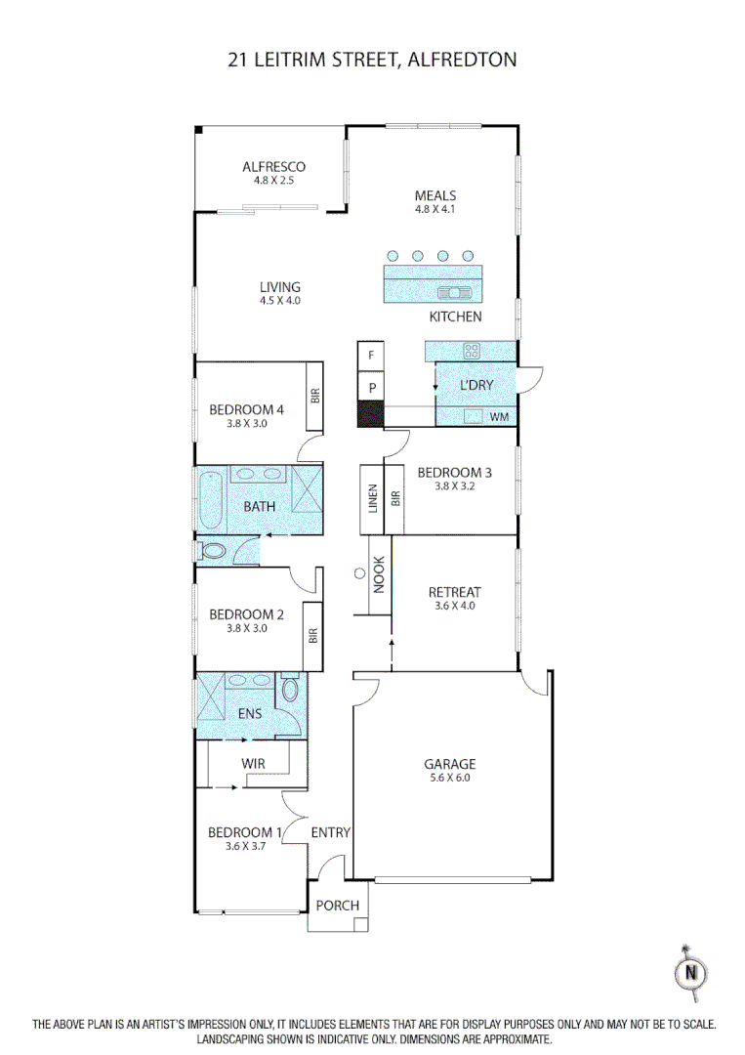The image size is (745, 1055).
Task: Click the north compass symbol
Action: coord(692,972)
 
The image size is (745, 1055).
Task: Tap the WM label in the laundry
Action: coord(499,417)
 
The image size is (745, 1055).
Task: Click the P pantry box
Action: coord(372,387)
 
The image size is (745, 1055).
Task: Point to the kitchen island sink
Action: coord(455,291)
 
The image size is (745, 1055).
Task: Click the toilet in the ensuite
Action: coord(290,692)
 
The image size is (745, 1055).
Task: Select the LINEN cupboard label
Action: coord(372,499)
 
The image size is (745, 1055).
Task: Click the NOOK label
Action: coord(379,576)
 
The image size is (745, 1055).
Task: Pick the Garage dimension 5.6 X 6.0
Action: coord(449,779)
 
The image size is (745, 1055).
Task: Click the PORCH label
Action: coord(337,906)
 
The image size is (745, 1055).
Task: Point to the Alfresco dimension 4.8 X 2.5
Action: coord(273,181)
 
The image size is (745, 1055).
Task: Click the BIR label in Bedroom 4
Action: coord(315,396)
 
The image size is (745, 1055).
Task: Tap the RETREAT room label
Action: coord(454,592)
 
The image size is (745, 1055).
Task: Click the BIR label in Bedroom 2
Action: coord(313,636)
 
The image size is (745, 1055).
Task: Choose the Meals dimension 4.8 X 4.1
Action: coord(435,209)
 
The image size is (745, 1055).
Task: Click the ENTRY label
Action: coord(330,832)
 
